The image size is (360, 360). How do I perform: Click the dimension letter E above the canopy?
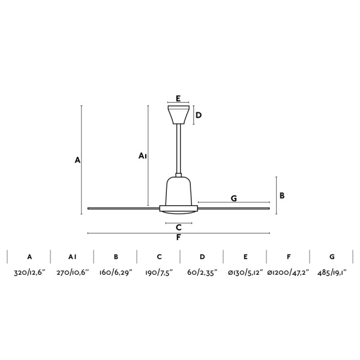click(178, 98)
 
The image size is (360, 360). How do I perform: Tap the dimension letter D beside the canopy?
click(199, 115)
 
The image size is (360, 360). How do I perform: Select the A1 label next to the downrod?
click(142, 156)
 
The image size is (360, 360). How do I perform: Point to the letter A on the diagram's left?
click(77, 160)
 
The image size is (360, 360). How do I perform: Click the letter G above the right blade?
click(234, 198)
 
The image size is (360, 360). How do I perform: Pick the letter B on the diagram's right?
click(282, 196)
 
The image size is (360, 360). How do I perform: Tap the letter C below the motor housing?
click(179, 227)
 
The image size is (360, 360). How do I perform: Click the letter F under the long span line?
click(178, 238)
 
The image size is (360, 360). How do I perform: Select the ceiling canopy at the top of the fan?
click(178, 115)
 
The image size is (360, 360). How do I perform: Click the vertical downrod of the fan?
click(179, 149)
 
